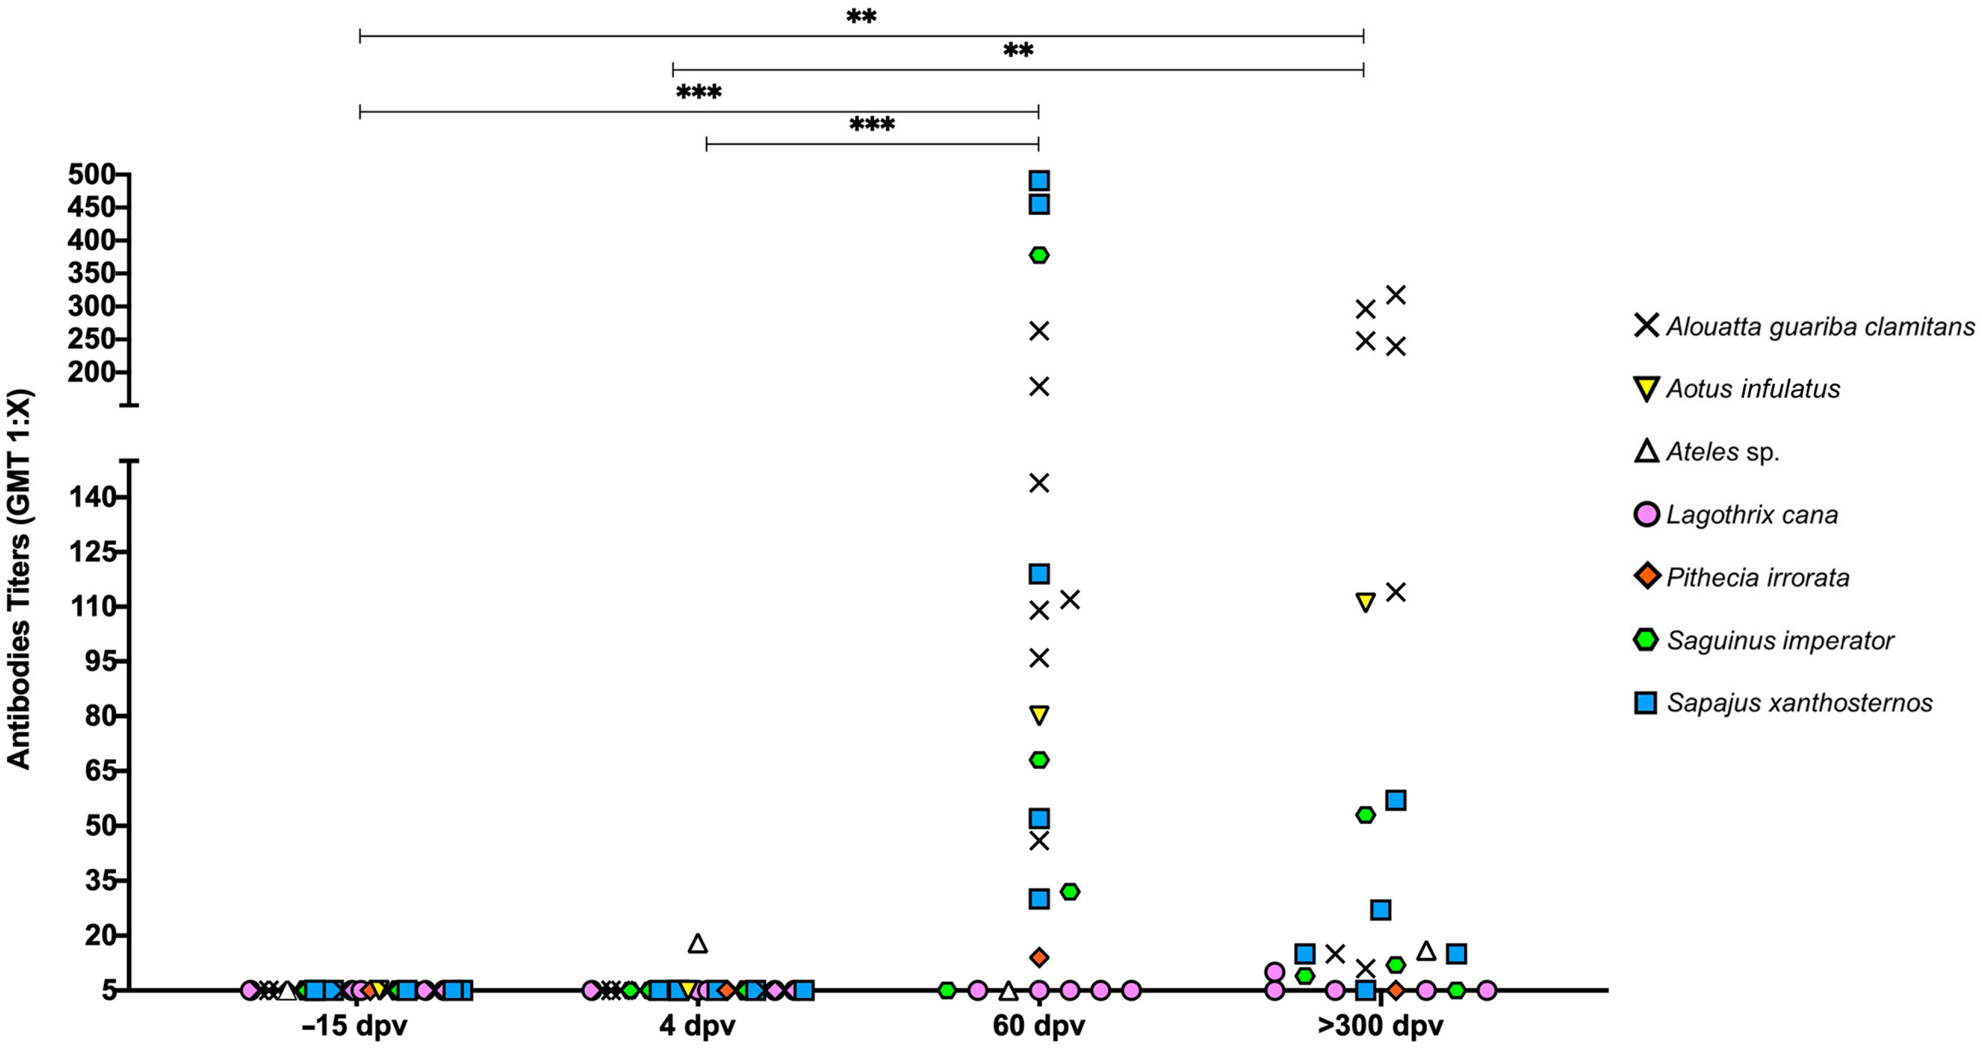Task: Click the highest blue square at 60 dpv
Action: click(x=1039, y=181)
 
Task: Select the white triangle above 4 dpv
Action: click(x=697, y=944)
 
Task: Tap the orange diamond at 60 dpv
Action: click(x=1039, y=957)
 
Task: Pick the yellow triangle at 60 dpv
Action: click(x=1039, y=715)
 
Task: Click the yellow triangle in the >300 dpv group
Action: click(x=1365, y=602)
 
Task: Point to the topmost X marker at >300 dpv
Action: click(x=1395, y=295)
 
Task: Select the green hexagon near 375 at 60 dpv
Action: click(x=1039, y=255)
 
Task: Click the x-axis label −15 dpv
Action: click(x=354, y=1026)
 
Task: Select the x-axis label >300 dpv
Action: click(x=1380, y=1026)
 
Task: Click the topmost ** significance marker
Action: click(x=861, y=17)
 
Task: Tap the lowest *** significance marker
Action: click(x=872, y=125)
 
